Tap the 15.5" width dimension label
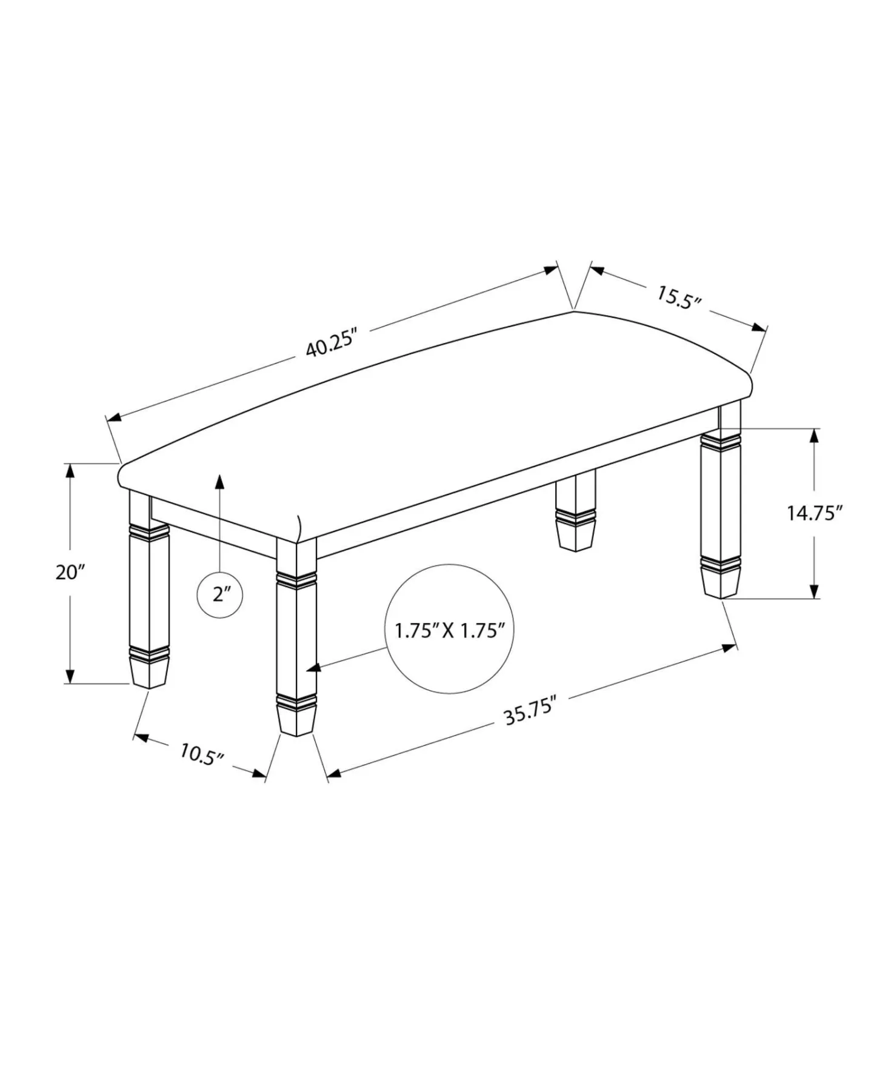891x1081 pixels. [x=679, y=297]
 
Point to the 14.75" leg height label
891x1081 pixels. [x=815, y=513]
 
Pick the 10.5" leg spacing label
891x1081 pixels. [x=202, y=754]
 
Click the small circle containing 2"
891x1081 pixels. [x=220, y=595]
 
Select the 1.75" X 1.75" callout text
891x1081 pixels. [x=450, y=631]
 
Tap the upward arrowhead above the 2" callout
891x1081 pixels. [x=220, y=481]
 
